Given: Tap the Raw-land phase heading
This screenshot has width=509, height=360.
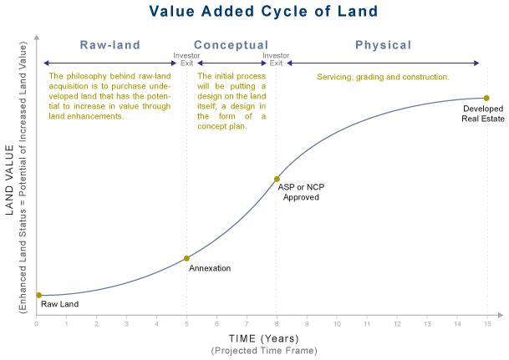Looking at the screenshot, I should pyautogui.click(x=109, y=45).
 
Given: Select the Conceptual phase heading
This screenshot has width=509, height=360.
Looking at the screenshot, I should pyautogui.click(x=231, y=45).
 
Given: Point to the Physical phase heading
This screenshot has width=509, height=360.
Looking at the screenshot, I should pyautogui.click(x=383, y=45).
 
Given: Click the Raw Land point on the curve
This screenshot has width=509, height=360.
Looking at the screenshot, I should pyautogui.click(x=38, y=295).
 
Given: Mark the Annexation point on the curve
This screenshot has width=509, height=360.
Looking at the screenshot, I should pyautogui.click(x=186, y=258).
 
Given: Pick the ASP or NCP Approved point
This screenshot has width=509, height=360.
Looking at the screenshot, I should pyautogui.click(x=277, y=179).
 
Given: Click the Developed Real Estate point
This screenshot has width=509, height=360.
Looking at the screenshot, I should pyautogui.click(x=486, y=99).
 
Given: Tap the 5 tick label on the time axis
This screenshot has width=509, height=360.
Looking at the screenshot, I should pyautogui.click(x=186, y=323).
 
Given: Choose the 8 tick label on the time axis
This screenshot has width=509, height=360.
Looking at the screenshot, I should pyautogui.click(x=277, y=323).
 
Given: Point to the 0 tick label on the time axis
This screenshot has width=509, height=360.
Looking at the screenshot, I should pyautogui.click(x=37, y=323).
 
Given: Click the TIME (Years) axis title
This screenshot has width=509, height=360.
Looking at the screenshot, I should pyautogui.click(x=263, y=338).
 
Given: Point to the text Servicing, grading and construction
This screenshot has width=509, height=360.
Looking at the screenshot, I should pyautogui.click(x=383, y=77).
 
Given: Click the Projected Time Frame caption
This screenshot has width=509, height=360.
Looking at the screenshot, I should pyautogui.click(x=263, y=350).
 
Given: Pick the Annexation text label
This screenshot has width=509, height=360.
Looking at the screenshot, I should pyautogui.click(x=210, y=268).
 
